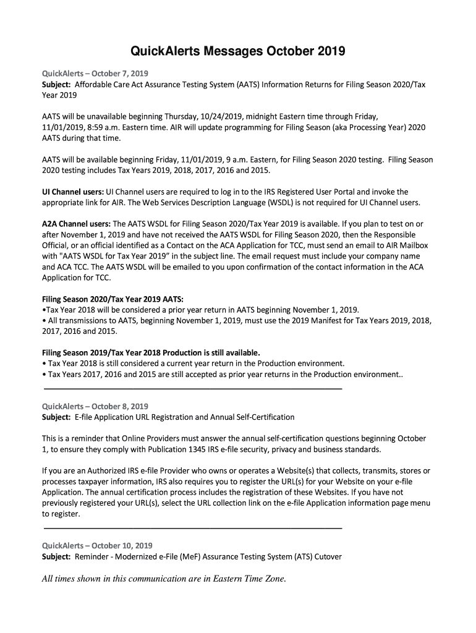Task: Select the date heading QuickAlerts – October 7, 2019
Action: (91, 73)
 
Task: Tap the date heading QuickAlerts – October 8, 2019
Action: (95, 406)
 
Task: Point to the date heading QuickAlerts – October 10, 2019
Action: (97, 545)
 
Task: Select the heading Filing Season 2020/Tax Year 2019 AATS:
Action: (113, 299)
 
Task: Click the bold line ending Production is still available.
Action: (151, 353)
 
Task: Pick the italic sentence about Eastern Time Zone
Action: (164, 579)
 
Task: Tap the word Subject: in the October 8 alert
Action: (56, 417)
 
